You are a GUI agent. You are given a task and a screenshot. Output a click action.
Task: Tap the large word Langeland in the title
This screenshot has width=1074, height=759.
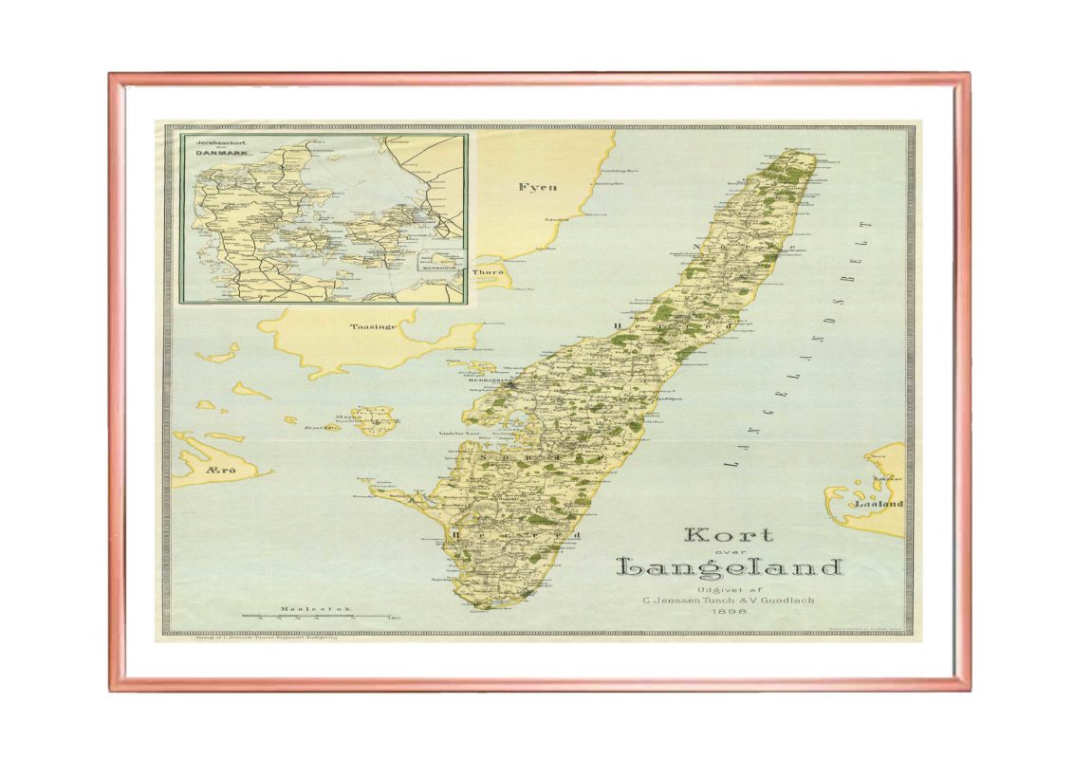point(730,567)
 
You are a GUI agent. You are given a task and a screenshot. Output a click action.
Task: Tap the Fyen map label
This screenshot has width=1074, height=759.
point(537,188)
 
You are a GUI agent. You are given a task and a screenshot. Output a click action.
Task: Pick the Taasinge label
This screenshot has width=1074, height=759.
point(370,327)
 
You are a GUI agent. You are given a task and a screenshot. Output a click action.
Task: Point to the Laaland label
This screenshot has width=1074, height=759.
point(879,504)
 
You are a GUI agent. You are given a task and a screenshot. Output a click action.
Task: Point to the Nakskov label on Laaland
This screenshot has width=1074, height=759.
point(886,478)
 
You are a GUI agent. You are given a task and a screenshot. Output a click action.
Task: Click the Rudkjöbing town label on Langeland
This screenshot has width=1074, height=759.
point(484,381)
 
